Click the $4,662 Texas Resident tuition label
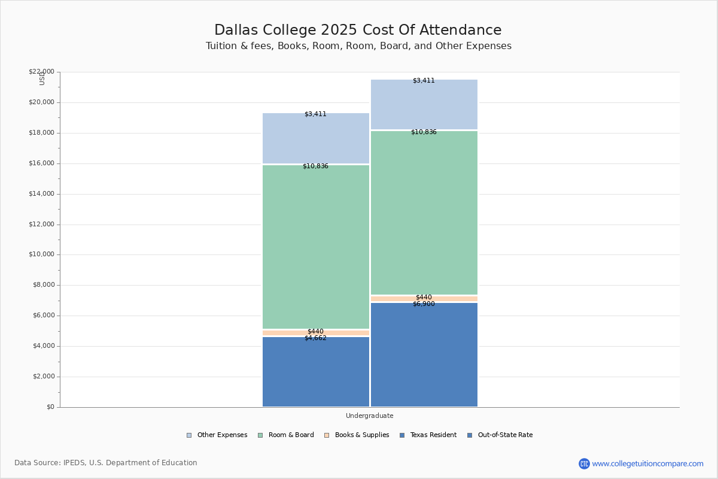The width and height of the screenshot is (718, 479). click(315, 338)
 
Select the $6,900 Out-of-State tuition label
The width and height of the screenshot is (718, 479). click(424, 304)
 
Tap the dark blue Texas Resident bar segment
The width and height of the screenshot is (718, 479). click(316, 374)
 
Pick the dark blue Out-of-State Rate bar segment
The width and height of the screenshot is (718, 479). click(424, 356)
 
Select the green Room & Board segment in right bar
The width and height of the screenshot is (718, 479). click(424, 213)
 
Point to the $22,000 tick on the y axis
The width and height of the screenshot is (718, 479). click(41, 72)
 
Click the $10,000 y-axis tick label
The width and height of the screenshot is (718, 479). click(41, 254)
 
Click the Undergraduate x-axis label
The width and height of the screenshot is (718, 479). click(369, 416)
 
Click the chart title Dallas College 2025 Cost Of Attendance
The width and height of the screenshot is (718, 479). click(358, 30)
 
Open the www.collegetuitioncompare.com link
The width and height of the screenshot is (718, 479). click(647, 463)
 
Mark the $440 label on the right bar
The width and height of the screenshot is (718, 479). click(424, 298)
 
